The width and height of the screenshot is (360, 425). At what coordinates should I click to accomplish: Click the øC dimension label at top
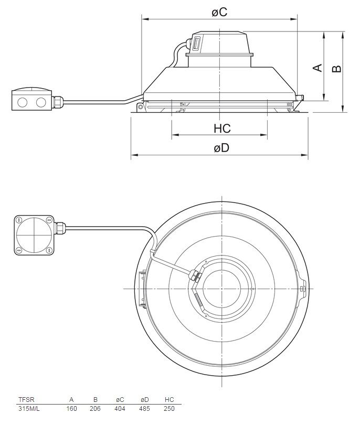(x=219, y=11)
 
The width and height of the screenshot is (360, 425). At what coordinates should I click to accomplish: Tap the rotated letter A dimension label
(x=317, y=68)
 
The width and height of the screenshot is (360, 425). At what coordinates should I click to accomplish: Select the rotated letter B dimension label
(x=337, y=68)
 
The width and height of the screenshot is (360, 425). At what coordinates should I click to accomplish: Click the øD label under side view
(x=221, y=148)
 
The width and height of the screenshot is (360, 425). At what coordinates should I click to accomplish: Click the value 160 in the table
(x=72, y=408)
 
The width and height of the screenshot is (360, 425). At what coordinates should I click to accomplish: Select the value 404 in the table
(x=120, y=408)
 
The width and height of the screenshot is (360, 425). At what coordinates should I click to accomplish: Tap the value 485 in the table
(x=144, y=408)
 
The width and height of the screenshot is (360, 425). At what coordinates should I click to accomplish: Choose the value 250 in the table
(x=169, y=408)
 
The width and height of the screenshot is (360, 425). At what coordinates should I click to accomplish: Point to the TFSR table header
(x=26, y=399)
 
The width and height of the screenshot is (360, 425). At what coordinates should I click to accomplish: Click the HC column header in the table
(x=169, y=399)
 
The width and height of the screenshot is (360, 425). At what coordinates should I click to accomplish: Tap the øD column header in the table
(x=144, y=399)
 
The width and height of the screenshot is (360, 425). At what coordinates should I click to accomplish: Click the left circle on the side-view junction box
(x=22, y=101)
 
